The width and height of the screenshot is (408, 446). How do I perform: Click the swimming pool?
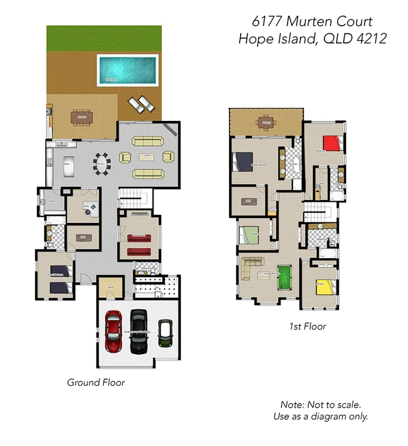click(127, 69)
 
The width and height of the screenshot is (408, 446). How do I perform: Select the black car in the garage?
click(139, 331)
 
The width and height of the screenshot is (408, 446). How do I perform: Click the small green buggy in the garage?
click(164, 333)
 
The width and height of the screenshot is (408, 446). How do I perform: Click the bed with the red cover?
click(331, 143)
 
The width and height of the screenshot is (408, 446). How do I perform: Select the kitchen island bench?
click(69, 166)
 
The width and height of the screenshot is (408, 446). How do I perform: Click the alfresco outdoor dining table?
click(82, 118)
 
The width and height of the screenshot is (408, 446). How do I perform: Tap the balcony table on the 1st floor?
click(264, 123)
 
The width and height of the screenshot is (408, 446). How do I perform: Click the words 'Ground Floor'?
click(96, 382)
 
